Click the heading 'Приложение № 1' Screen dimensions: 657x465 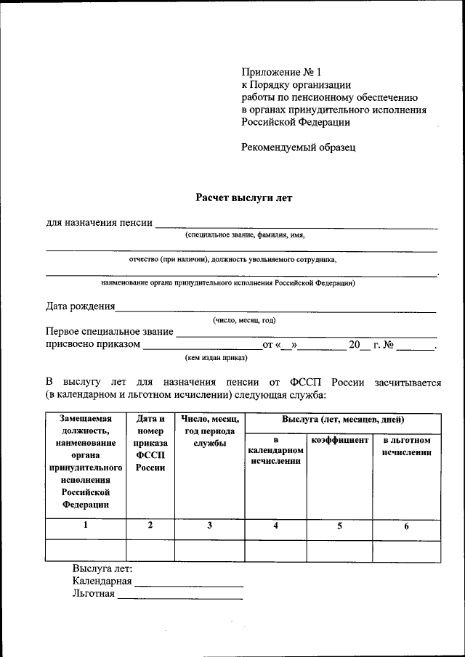point(280,72)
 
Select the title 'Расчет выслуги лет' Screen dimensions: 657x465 point(243,197)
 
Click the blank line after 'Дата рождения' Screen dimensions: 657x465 point(275,310)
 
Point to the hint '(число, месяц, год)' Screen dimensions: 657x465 point(243,320)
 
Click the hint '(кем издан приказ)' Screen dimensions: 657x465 point(217,357)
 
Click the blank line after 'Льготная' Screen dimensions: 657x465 point(179,597)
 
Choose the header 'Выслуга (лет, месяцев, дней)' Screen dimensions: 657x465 point(343,420)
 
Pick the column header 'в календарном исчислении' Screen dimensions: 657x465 point(275,451)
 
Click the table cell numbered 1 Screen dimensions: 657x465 point(86,526)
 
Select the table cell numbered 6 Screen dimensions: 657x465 point(406,527)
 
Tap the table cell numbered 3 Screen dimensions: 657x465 point(209,526)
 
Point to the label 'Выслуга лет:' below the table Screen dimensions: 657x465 point(102,568)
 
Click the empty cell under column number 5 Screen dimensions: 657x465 point(339,550)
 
